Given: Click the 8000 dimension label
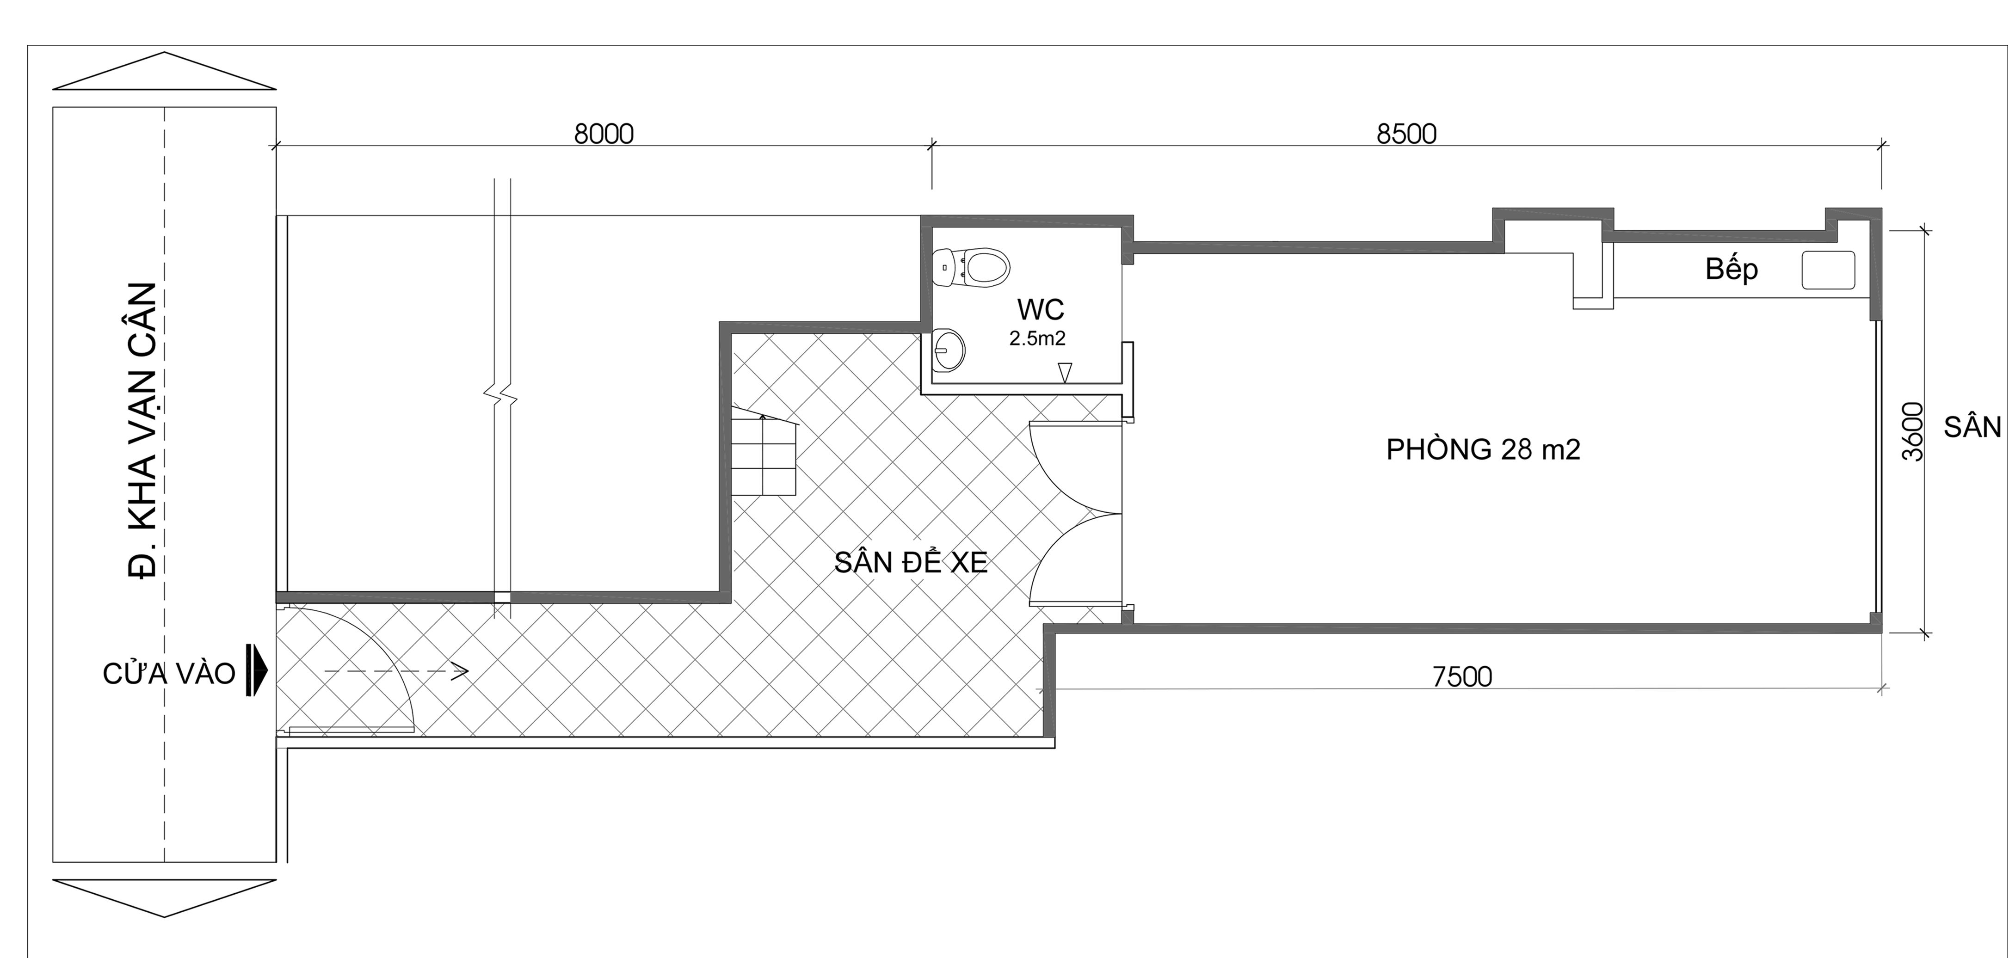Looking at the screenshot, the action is point(604,135).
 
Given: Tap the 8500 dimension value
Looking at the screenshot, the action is point(1406,135).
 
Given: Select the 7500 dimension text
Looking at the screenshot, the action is point(1462,676).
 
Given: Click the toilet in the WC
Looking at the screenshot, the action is point(972,267).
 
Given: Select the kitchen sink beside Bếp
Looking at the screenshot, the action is point(1828,270).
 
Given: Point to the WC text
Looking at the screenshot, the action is point(1041,310).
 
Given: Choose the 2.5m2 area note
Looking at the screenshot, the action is point(1037,338).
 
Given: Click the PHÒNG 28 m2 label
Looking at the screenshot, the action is point(1483,450).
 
